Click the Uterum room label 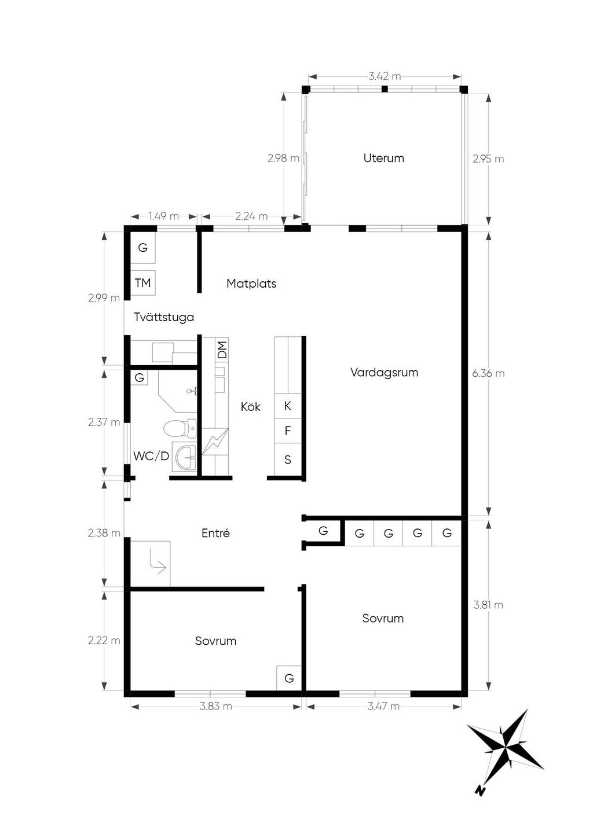click(384, 158)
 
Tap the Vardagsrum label click(384, 373)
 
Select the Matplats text click(251, 284)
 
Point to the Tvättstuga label click(164, 317)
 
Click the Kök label click(250, 407)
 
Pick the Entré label click(215, 533)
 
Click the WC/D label click(151, 456)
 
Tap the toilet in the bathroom click(180, 429)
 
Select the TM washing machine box click(142, 283)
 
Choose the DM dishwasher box click(222, 350)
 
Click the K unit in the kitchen click(288, 406)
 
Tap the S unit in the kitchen click(288, 460)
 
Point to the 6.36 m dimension click(488, 373)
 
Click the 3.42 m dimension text click(385, 77)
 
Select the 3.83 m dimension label click(215, 707)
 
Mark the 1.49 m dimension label click(164, 216)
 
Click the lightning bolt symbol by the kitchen click(215, 442)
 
